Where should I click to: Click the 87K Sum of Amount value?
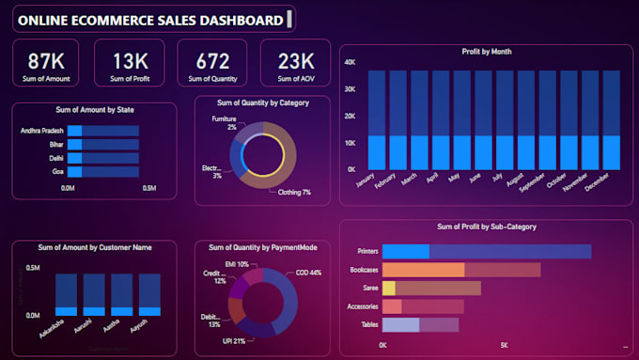pyautogui.click(x=46, y=61)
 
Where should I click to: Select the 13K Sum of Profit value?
pyautogui.click(x=130, y=61)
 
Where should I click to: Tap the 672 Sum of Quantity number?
pyautogui.click(x=211, y=61)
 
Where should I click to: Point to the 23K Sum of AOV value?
pyautogui.click(x=295, y=61)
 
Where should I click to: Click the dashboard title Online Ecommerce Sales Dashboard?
pyautogui.click(x=151, y=20)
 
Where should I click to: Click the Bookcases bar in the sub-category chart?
pyautogui.click(x=460, y=270)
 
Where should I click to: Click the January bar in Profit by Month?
pyautogui.click(x=376, y=119)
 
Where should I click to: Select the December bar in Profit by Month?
pyautogui.click(x=612, y=119)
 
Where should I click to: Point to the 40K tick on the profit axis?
pyautogui.click(x=349, y=62)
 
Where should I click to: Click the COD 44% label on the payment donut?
pyautogui.click(x=308, y=273)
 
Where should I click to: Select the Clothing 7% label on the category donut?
pyautogui.click(x=293, y=192)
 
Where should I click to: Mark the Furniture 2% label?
pyautogui.click(x=224, y=123)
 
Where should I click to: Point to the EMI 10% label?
pyautogui.click(x=236, y=265)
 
